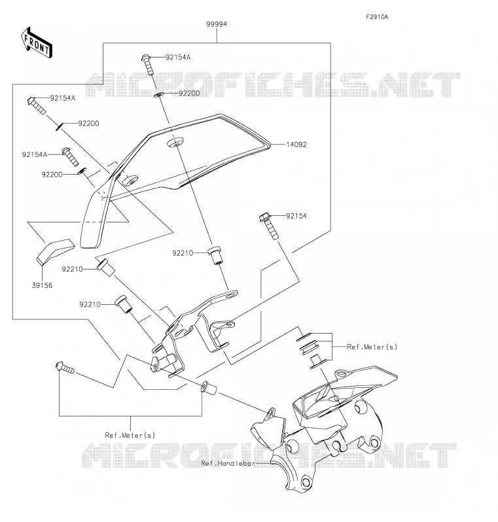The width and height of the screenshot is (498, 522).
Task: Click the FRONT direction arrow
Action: [36, 43]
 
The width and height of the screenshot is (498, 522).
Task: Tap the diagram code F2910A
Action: [377, 16]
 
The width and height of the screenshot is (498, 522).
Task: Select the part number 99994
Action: [217, 24]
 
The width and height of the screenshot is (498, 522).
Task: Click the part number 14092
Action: [296, 145]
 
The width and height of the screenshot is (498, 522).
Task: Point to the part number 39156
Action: [42, 285]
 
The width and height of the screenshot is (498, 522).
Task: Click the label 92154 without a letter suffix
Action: [296, 216]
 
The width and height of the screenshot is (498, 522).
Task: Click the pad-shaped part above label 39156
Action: [55, 252]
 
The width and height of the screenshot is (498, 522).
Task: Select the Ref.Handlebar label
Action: [228, 463]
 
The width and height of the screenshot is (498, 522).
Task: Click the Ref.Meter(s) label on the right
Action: [372, 347]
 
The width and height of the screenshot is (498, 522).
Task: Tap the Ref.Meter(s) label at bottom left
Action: [130, 435]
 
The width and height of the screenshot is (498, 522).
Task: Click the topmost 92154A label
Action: [178, 58]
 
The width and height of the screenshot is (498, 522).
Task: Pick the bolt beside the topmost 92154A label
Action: [149, 65]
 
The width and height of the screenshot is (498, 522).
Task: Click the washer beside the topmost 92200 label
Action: [158, 96]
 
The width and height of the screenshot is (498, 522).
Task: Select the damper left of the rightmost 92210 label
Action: [215, 255]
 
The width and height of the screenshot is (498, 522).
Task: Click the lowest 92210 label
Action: [90, 304]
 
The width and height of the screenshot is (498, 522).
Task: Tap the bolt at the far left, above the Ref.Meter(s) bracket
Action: [65, 368]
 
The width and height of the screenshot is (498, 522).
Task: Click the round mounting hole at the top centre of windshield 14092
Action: [175, 142]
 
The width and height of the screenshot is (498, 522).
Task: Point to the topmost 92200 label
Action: [189, 94]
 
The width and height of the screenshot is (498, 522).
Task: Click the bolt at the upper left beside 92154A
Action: [36, 105]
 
